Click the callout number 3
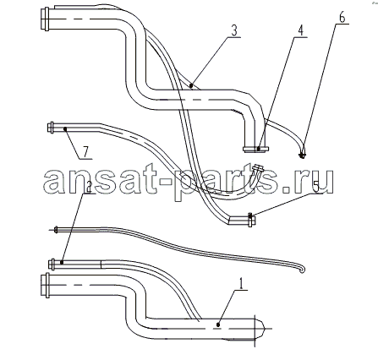[x=234, y=30]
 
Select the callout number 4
[x=301, y=30]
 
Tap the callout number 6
[x=342, y=18]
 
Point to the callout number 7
[x=85, y=152]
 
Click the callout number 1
[x=241, y=283]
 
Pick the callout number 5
[x=316, y=187]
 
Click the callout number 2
[x=88, y=187]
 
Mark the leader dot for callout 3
[x=191, y=85]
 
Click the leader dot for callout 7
[x=65, y=128]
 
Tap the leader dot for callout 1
[x=218, y=325]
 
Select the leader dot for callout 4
[x=259, y=148]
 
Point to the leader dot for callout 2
[x=62, y=262]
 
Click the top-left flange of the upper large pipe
[x=45, y=19]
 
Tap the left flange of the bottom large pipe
[x=45, y=285]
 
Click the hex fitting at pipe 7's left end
[x=51, y=128]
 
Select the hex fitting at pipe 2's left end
[x=52, y=265]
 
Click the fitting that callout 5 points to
[x=251, y=220]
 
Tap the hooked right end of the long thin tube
[x=302, y=269]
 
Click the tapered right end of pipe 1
[x=260, y=329]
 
